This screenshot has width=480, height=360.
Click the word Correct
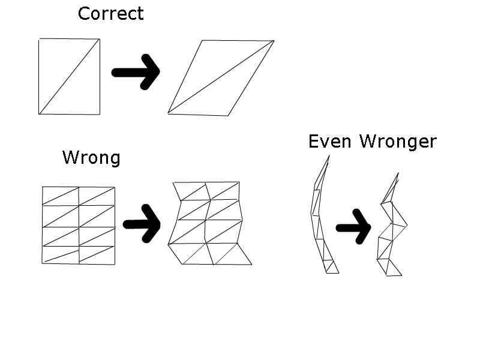point(111,14)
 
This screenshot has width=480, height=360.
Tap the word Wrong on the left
point(91,158)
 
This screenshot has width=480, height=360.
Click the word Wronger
point(398,142)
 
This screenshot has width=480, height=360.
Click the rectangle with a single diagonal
point(69,77)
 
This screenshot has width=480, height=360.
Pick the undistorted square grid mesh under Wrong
point(79,224)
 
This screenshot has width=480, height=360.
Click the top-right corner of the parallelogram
point(274,41)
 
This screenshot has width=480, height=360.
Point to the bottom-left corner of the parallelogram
point(168,113)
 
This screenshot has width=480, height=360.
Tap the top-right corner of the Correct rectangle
point(99,40)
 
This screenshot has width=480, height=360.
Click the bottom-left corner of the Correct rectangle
point(39,113)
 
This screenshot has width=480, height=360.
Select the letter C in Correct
point(85,14)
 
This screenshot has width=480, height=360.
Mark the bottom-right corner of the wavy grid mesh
point(251,264)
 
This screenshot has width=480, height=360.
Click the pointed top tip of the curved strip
point(329,157)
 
